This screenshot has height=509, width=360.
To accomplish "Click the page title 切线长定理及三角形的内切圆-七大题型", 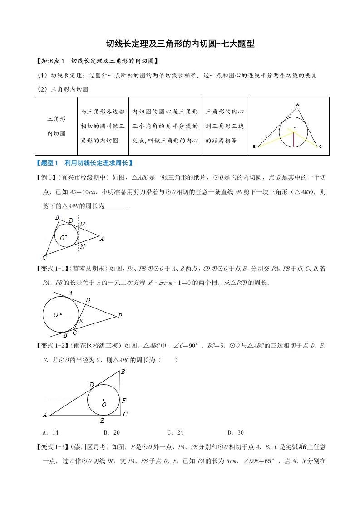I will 180,44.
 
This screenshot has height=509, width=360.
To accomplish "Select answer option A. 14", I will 49,432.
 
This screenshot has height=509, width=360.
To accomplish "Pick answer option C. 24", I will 175,432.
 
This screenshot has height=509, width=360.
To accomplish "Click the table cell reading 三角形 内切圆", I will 56,126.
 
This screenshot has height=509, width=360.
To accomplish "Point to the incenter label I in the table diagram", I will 294,129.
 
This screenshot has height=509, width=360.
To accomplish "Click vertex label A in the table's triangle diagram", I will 297,105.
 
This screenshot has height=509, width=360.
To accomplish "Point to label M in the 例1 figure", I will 82,225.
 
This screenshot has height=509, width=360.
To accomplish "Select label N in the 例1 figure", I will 82,246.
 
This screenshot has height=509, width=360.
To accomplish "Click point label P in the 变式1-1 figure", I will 120,316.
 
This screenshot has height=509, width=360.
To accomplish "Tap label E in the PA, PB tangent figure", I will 81,321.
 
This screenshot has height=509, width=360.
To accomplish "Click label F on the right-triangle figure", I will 124,401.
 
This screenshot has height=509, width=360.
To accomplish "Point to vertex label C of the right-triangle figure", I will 125,414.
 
